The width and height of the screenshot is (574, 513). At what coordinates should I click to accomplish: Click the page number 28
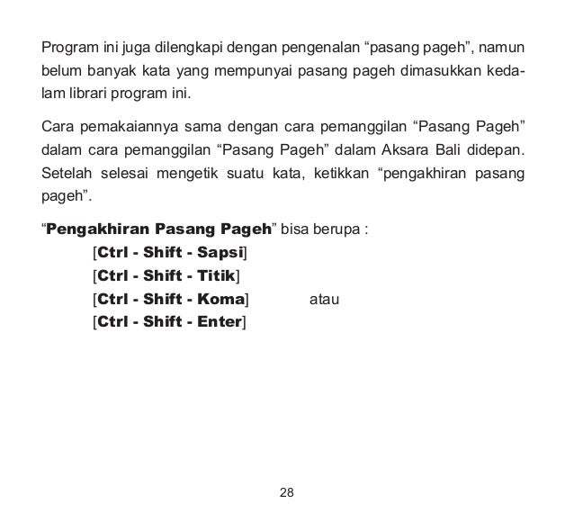coord(287,492)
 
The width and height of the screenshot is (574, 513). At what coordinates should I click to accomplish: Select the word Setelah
coord(64,172)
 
